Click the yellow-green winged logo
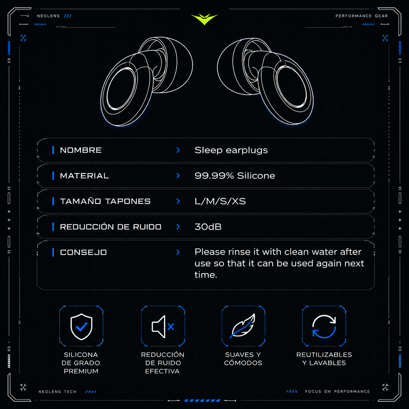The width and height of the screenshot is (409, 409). click(x=204, y=19)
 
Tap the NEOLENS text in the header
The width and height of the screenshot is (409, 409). click(x=48, y=16)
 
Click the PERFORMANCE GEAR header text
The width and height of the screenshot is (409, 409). click(x=362, y=16)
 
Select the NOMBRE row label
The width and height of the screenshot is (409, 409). click(x=81, y=150)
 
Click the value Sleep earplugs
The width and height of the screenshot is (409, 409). click(x=231, y=150)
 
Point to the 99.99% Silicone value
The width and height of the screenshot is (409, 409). click(x=235, y=176)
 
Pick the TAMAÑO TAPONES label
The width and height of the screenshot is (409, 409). click(x=105, y=201)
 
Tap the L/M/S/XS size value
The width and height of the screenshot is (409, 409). click(x=220, y=201)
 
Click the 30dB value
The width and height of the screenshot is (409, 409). click(x=208, y=227)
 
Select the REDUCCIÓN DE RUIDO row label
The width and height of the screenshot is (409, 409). click(x=111, y=227)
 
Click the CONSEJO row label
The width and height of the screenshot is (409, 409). click(x=83, y=252)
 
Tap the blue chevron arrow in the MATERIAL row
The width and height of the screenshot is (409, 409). click(x=178, y=176)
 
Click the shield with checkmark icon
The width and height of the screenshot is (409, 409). click(x=81, y=326)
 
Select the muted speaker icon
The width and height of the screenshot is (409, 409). click(x=163, y=327)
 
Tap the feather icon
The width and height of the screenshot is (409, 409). click(x=243, y=326)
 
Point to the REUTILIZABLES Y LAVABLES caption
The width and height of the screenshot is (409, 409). click(x=324, y=359)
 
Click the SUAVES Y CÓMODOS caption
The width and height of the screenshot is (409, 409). click(x=243, y=359)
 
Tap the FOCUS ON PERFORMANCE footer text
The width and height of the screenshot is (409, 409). click(x=338, y=391)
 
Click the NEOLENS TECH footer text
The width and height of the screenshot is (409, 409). click(x=57, y=392)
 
